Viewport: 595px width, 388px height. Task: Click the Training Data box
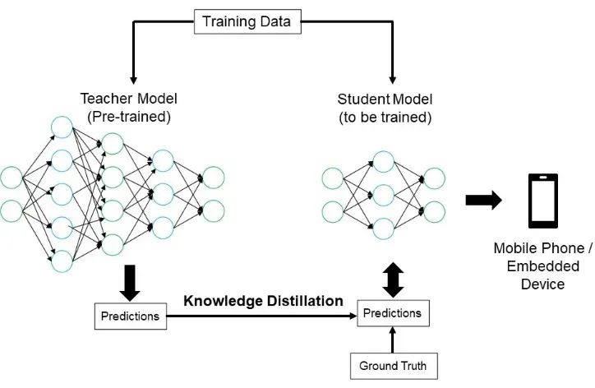pyautogui.click(x=246, y=22)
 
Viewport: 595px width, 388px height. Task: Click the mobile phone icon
pyautogui.click(x=543, y=201)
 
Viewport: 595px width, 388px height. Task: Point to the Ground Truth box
pyautogui.click(x=392, y=365)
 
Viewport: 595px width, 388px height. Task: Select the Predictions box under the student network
pyautogui.click(x=392, y=313)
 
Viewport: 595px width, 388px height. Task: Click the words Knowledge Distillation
pyautogui.click(x=263, y=301)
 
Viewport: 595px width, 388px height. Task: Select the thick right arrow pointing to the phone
pyautogui.click(x=483, y=201)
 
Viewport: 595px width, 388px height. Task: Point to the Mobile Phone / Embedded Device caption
pyautogui.click(x=543, y=266)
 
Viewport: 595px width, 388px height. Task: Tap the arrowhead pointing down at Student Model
pyautogui.click(x=393, y=79)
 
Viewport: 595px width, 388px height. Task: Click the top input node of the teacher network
pyautogui.click(x=12, y=178)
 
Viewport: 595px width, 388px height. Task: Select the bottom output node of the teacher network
pyautogui.click(x=212, y=210)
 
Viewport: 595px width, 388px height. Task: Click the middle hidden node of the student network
pyautogui.click(x=384, y=195)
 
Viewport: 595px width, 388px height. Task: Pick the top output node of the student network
pyautogui.click(x=433, y=178)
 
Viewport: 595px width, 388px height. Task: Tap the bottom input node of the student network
pyautogui.click(x=333, y=211)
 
